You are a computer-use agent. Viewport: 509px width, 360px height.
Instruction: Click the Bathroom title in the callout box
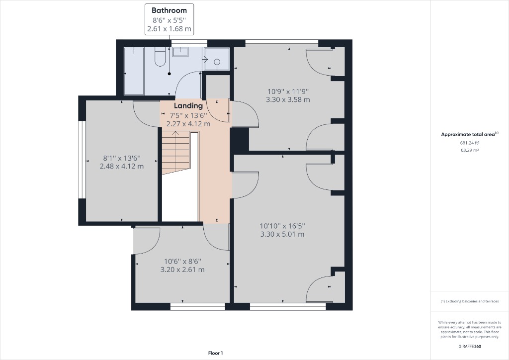[169, 10]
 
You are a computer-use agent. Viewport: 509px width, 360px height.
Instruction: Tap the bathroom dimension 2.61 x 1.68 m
[169, 29]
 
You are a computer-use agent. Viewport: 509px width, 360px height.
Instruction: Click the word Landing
[188, 105]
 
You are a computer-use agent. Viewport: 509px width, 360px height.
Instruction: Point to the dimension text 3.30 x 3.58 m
[288, 99]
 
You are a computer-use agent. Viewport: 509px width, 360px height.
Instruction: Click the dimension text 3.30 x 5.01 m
[282, 234]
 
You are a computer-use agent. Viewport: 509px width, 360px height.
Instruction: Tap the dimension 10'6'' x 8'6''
[182, 261]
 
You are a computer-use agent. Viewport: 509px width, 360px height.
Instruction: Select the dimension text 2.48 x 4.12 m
[122, 166]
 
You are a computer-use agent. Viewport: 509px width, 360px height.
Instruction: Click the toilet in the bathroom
[160, 57]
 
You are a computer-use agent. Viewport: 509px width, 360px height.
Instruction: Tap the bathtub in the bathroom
[134, 71]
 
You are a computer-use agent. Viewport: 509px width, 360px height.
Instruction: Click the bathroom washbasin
[180, 52]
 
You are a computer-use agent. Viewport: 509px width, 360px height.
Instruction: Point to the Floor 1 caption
[216, 353]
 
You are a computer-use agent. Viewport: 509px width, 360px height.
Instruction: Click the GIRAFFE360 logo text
[470, 346]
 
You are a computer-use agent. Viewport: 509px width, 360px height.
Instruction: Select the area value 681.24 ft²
[470, 143]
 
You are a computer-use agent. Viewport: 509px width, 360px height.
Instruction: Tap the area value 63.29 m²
[470, 150]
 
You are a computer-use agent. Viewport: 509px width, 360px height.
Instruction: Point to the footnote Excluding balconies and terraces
[470, 301]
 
